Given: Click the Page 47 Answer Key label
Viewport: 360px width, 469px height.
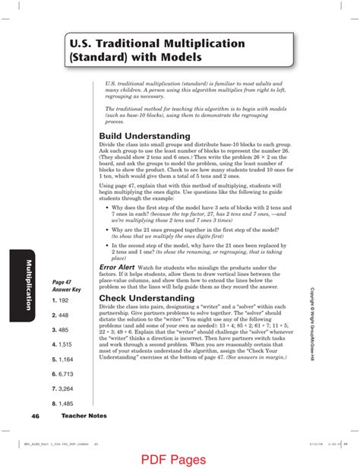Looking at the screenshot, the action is pos(61,286).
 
